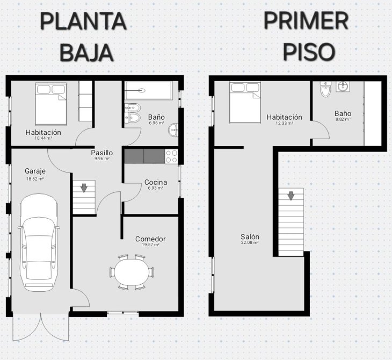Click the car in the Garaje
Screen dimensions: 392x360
[39, 243]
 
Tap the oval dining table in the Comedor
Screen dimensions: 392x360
[132, 272]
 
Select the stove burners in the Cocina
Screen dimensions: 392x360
[171, 156]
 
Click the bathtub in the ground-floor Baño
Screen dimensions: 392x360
[149, 90]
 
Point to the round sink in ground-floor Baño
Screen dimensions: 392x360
[173, 130]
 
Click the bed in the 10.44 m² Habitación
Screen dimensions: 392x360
[51, 104]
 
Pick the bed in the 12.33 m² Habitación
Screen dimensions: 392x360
[245, 103]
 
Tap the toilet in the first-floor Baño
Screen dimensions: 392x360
[325, 89]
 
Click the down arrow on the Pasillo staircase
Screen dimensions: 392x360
[84, 188]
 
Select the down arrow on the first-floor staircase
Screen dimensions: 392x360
[291, 196]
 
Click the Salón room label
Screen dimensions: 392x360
[250, 236]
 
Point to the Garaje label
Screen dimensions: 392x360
[35, 171]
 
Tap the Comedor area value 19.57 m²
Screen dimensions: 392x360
[151, 245]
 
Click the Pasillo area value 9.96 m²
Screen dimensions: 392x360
[102, 159]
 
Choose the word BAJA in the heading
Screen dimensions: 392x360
[87, 53]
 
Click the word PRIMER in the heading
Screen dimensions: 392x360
[306, 21]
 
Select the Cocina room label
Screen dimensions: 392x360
[156, 182]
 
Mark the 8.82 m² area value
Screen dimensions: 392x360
[343, 120]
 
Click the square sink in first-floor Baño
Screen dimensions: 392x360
[343, 87]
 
